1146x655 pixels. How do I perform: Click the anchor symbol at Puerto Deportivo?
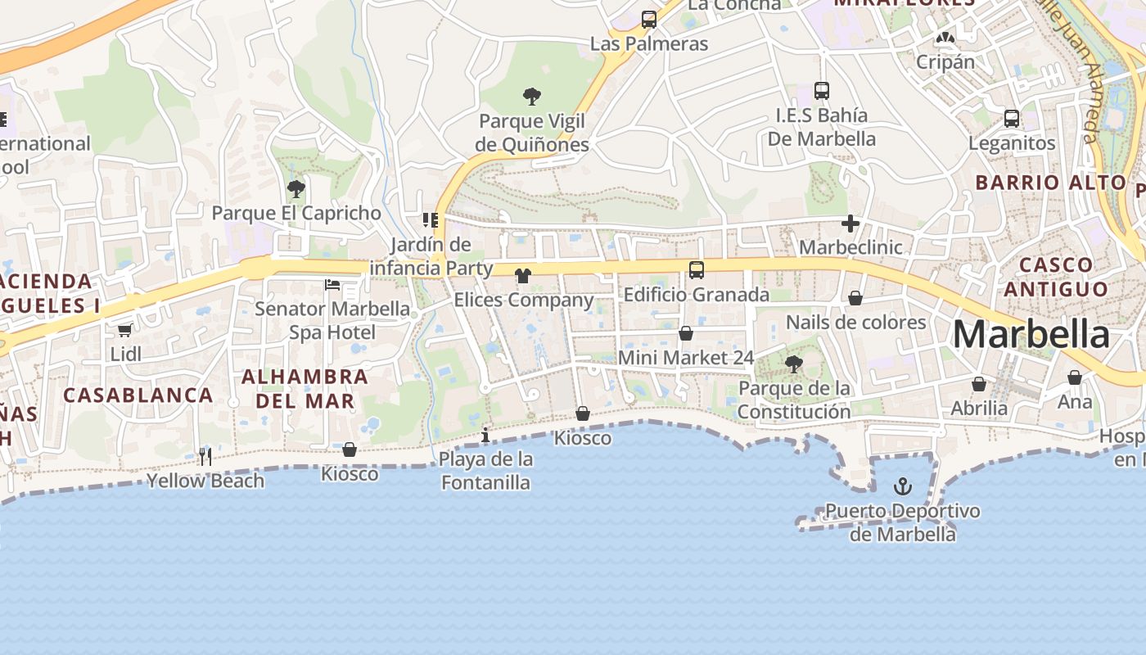point(902,486)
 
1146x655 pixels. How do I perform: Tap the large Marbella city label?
point(1031,335)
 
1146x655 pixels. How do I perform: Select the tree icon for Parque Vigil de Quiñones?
point(532,97)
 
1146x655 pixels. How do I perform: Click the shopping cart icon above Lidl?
point(124,330)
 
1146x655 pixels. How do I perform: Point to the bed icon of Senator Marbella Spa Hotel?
point(332,285)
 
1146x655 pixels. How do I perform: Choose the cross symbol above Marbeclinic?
point(850,223)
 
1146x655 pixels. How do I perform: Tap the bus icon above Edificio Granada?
point(697,269)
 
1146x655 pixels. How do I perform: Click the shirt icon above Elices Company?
point(523,276)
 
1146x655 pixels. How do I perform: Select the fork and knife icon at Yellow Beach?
point(205,456)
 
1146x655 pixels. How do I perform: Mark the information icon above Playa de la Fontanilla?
point(485,435)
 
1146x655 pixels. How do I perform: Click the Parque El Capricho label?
point(296,213)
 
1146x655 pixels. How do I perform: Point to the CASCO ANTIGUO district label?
point(1056,277)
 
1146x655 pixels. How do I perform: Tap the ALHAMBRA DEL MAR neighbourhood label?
point(305,389)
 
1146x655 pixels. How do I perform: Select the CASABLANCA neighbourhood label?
point(138,395)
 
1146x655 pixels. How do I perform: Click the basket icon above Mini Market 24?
point(686,333)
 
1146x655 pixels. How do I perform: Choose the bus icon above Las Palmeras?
point(649,20)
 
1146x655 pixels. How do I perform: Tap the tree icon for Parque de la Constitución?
point(793,364)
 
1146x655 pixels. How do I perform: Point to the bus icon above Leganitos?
point(1012,119)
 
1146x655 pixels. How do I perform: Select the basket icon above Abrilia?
point(979,384)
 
